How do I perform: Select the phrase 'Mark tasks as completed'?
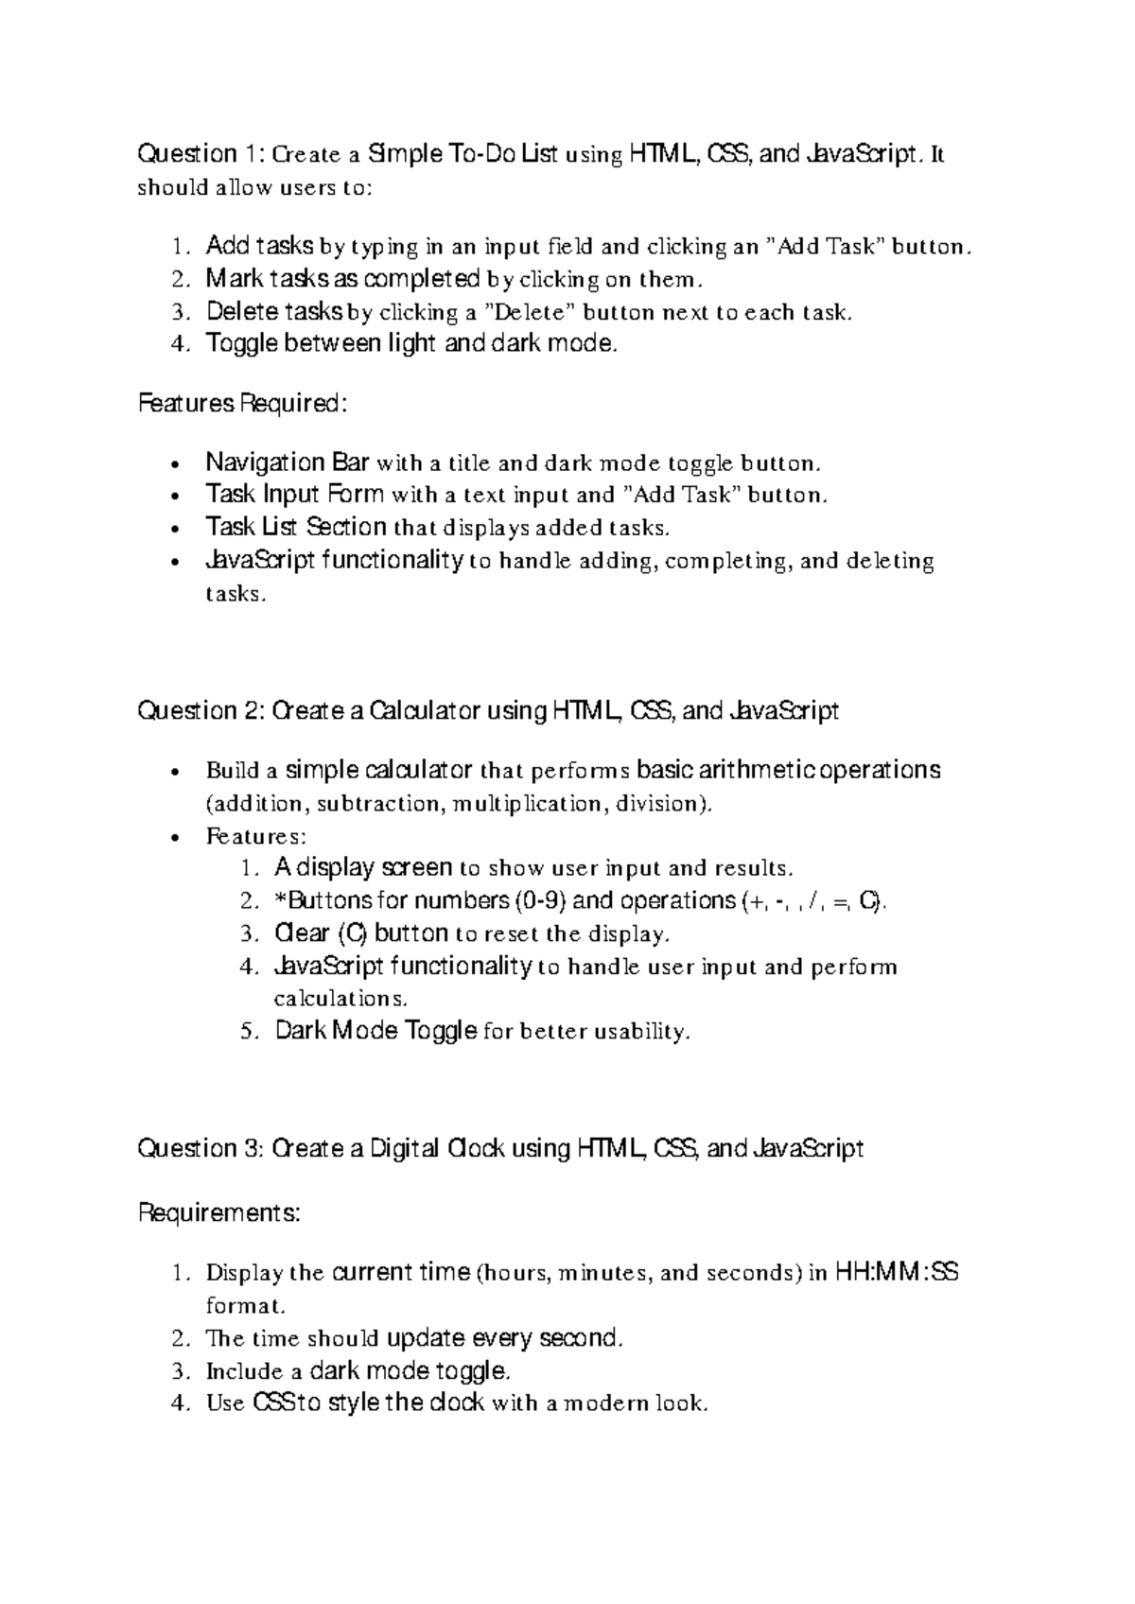click(x=343, y=279)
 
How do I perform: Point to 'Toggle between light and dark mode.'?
click(x=411, y=343)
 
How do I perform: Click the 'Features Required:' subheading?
click(x=243, y=404)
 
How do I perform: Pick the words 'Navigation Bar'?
click(x=288, y=462)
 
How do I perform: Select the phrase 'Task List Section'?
click(x=296, y=527)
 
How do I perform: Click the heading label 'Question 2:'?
click(x=201, y=710)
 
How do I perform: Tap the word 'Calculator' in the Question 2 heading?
click(x=425, y=710)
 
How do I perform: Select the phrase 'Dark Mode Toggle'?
click(x=375, y=1030)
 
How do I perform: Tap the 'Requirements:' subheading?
click(x=219, y=1212)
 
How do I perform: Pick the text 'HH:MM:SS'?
click(x=898, y=1272)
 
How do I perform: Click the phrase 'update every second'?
click(x=505, y=1338)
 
